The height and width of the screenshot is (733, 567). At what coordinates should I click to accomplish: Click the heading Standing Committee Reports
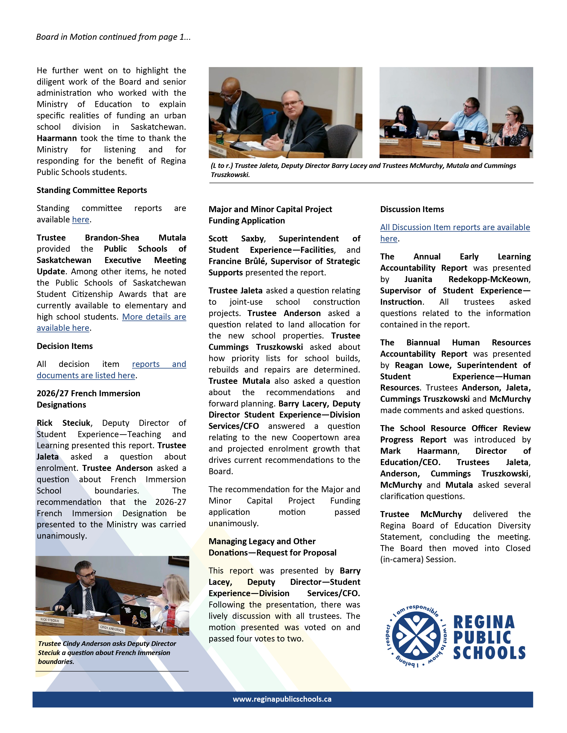click(x=92, y=190)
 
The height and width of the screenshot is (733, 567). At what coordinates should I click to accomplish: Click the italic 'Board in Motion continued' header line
click(x=113, y=37)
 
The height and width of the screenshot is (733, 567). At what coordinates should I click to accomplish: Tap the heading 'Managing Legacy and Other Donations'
click(x=272, y=547)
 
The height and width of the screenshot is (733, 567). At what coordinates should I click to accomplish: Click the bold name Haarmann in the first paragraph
click(x=57, y=138)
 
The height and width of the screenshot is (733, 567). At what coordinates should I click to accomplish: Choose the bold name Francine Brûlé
click(x=234, y=261)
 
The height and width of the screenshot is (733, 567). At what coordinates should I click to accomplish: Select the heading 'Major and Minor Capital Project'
click(x=270, y=209)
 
